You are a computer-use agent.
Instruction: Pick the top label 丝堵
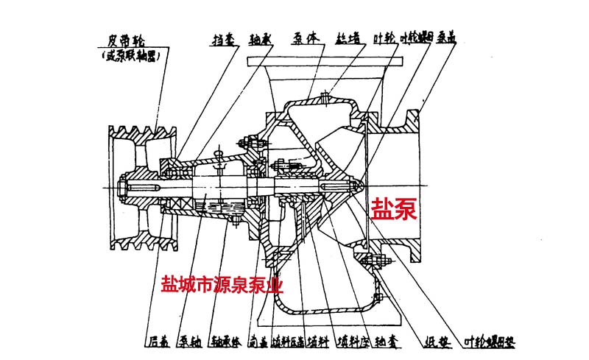pyautogui.click(x=346, y=39)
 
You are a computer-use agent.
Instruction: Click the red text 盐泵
pyautogui.click(x=393, y=208)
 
